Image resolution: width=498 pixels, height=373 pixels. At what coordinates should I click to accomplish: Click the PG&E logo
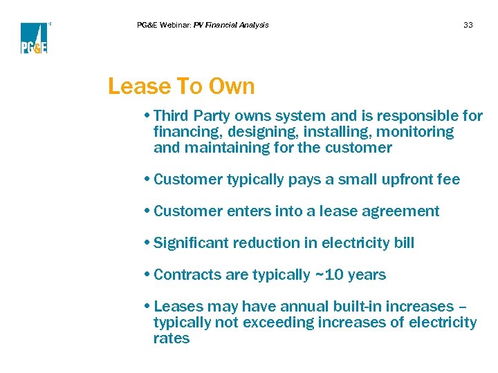tap(34, 38)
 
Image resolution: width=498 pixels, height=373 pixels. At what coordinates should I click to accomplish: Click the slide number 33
tap(468, 25)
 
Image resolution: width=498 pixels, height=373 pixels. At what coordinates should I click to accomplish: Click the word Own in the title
tap(231, 86)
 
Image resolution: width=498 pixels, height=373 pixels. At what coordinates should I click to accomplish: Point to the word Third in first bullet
tap(172, 115)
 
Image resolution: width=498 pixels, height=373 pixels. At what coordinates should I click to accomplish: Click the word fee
tap(448, 179)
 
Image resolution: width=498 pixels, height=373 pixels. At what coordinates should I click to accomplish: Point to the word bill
tap(403, 242)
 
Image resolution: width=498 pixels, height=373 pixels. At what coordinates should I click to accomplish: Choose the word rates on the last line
tap(171, 338)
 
